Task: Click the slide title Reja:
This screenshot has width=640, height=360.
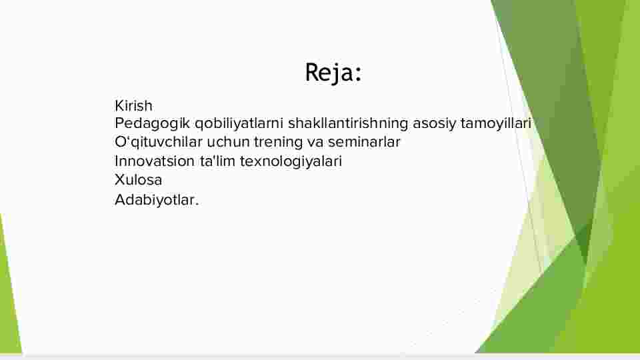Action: click(x=333, y=73)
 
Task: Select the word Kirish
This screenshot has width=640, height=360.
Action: click(x=133, y=106)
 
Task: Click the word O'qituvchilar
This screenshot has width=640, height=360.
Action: click(x=159, y=142)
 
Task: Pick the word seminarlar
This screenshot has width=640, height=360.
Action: click(x=364, y=142)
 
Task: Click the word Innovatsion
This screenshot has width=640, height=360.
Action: click(x=155, y=161)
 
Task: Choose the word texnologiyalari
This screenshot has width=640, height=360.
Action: click(x=291, y=161)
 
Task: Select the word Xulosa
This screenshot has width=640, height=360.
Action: click(x=139, y=179)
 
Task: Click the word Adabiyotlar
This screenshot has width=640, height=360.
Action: click(x=157, y=200)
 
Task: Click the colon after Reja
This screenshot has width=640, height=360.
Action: click(x=358, y=74)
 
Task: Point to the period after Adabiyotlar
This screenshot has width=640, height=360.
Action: click(x=197, y=204)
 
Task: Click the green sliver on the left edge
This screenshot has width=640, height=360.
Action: click(x=8, y=294)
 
